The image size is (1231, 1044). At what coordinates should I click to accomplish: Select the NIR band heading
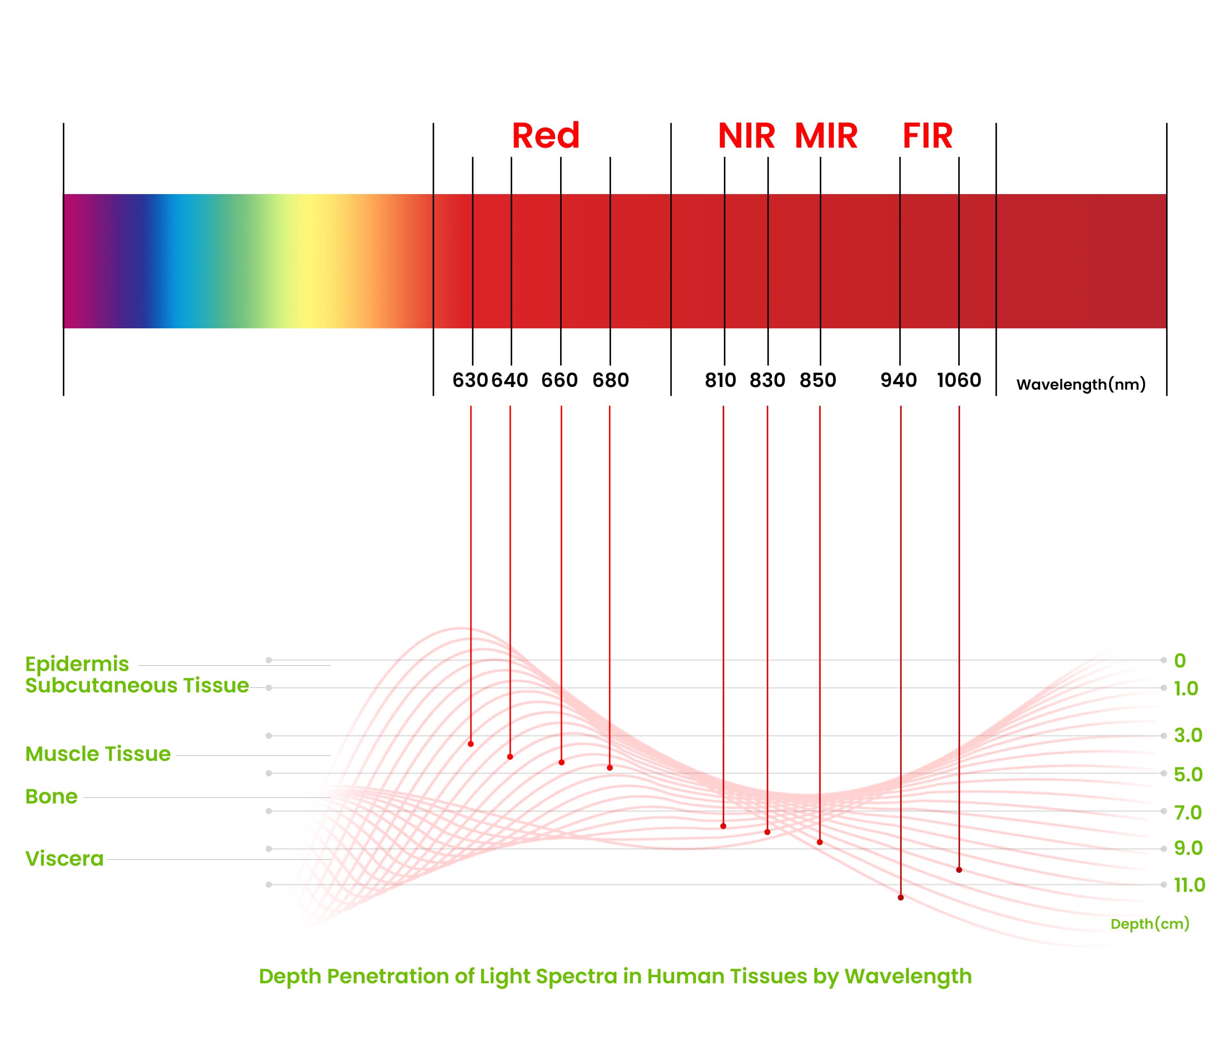click(746, 136)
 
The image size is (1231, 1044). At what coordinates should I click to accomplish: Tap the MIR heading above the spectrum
click(826, 136)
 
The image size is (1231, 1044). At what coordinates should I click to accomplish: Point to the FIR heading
click(927, 136)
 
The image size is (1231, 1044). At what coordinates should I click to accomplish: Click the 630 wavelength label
click(470, 380)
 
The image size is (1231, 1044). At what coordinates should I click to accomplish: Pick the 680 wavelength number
click(610, 380)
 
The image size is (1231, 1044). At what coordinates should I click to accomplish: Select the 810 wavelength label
click(720, 380)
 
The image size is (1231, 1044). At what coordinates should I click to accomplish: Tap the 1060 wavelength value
click(959, 380)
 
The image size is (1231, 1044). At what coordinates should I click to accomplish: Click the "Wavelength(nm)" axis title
click(1081, 385)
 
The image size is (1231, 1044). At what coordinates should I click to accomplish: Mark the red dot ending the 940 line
click(901, 897)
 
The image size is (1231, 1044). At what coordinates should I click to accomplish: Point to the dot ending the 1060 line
click(959, 870)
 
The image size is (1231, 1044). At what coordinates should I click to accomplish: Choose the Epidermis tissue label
click(77, 664)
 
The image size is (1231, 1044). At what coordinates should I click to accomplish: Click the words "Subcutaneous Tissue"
click(137, 685)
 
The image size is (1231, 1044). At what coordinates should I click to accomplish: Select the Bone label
click(51, 797)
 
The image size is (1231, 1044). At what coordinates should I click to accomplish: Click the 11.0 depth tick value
click(1190, 885)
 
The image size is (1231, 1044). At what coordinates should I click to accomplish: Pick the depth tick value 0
click(1180, 660)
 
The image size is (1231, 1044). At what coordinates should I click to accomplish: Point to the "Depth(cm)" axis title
click(1150, 924)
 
